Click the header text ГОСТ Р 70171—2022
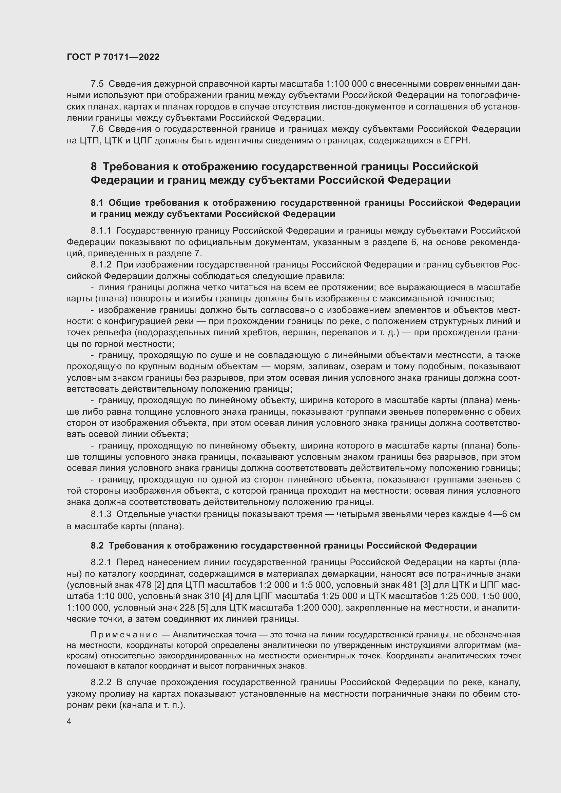point(113,57)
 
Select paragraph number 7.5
point(97,84)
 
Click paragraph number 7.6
point(97,129)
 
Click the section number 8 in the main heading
point(94,167)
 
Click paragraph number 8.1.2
point(101,264)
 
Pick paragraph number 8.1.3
point(101,514)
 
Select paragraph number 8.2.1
point(101,562)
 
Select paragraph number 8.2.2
point(101,682)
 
